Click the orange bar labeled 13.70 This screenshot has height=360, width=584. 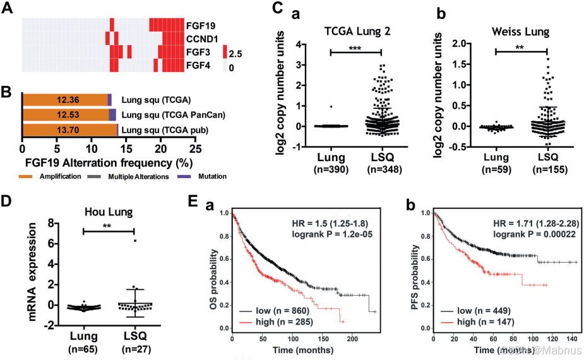click(x=69, y=130)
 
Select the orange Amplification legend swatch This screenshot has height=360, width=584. click(x=30, y=176)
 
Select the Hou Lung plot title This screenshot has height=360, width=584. click(x=109, y=213)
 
